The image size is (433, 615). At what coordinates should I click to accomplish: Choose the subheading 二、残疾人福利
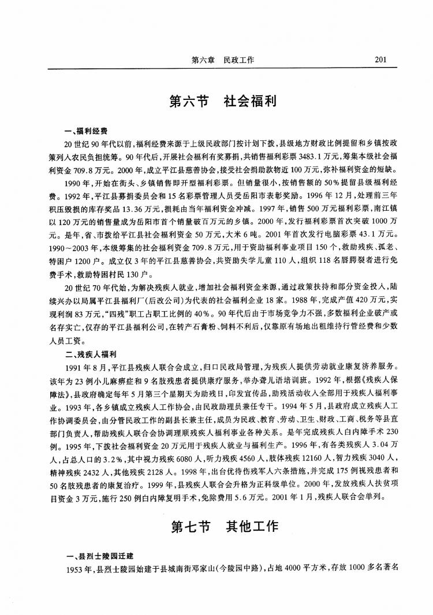coord(91,354)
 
